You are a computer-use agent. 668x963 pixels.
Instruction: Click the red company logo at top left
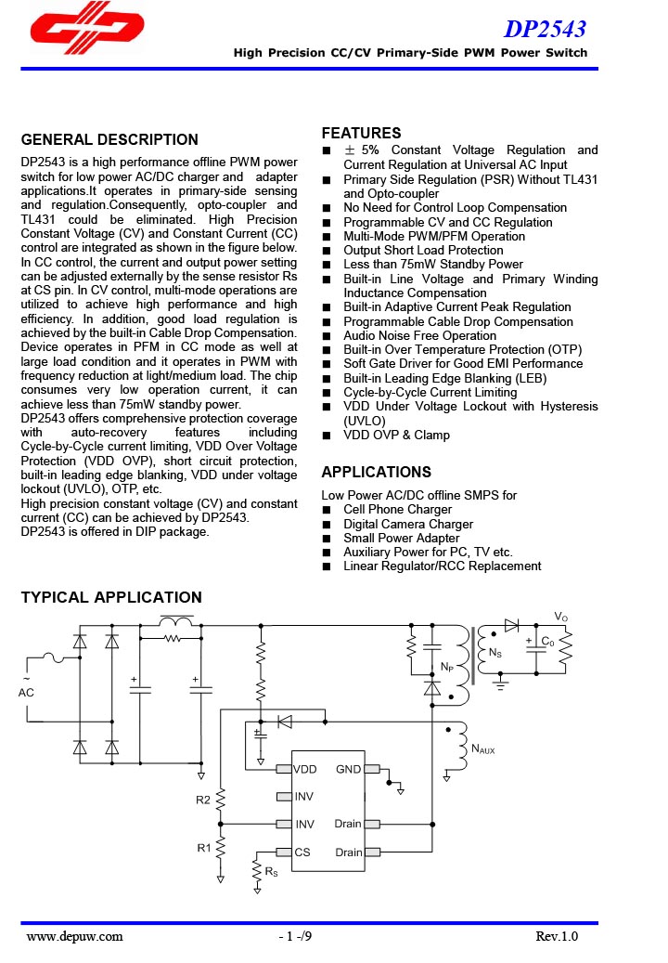pos(86,34)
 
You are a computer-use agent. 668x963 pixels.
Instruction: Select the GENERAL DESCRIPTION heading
pos(109,140)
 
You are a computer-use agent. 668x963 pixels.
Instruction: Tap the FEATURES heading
pos(361,133)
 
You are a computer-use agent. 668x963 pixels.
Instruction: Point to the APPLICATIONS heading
pos(376,472)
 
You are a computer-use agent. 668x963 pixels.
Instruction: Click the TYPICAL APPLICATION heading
pos(111,597)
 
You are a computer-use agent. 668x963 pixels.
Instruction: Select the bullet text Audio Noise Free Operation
pos(419,335)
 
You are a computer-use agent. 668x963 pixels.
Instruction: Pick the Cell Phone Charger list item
pos(397,509)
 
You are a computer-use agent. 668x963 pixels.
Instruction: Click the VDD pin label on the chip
pos(305,769)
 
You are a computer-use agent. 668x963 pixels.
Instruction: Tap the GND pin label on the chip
pos(348,769)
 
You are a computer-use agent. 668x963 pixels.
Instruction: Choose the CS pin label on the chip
pos(302,852)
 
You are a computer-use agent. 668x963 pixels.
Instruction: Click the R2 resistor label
pos(203,800)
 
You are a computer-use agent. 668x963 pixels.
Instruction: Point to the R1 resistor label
pos(203,847)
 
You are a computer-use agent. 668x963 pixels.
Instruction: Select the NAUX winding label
pos(483,748)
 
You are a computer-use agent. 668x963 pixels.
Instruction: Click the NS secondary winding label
pos(495,653)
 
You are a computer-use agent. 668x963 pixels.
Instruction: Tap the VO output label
pos(560,617)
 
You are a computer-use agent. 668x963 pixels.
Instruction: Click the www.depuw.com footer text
pos(74,936)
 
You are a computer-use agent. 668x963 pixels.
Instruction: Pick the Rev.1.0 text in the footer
pos(557,936)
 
